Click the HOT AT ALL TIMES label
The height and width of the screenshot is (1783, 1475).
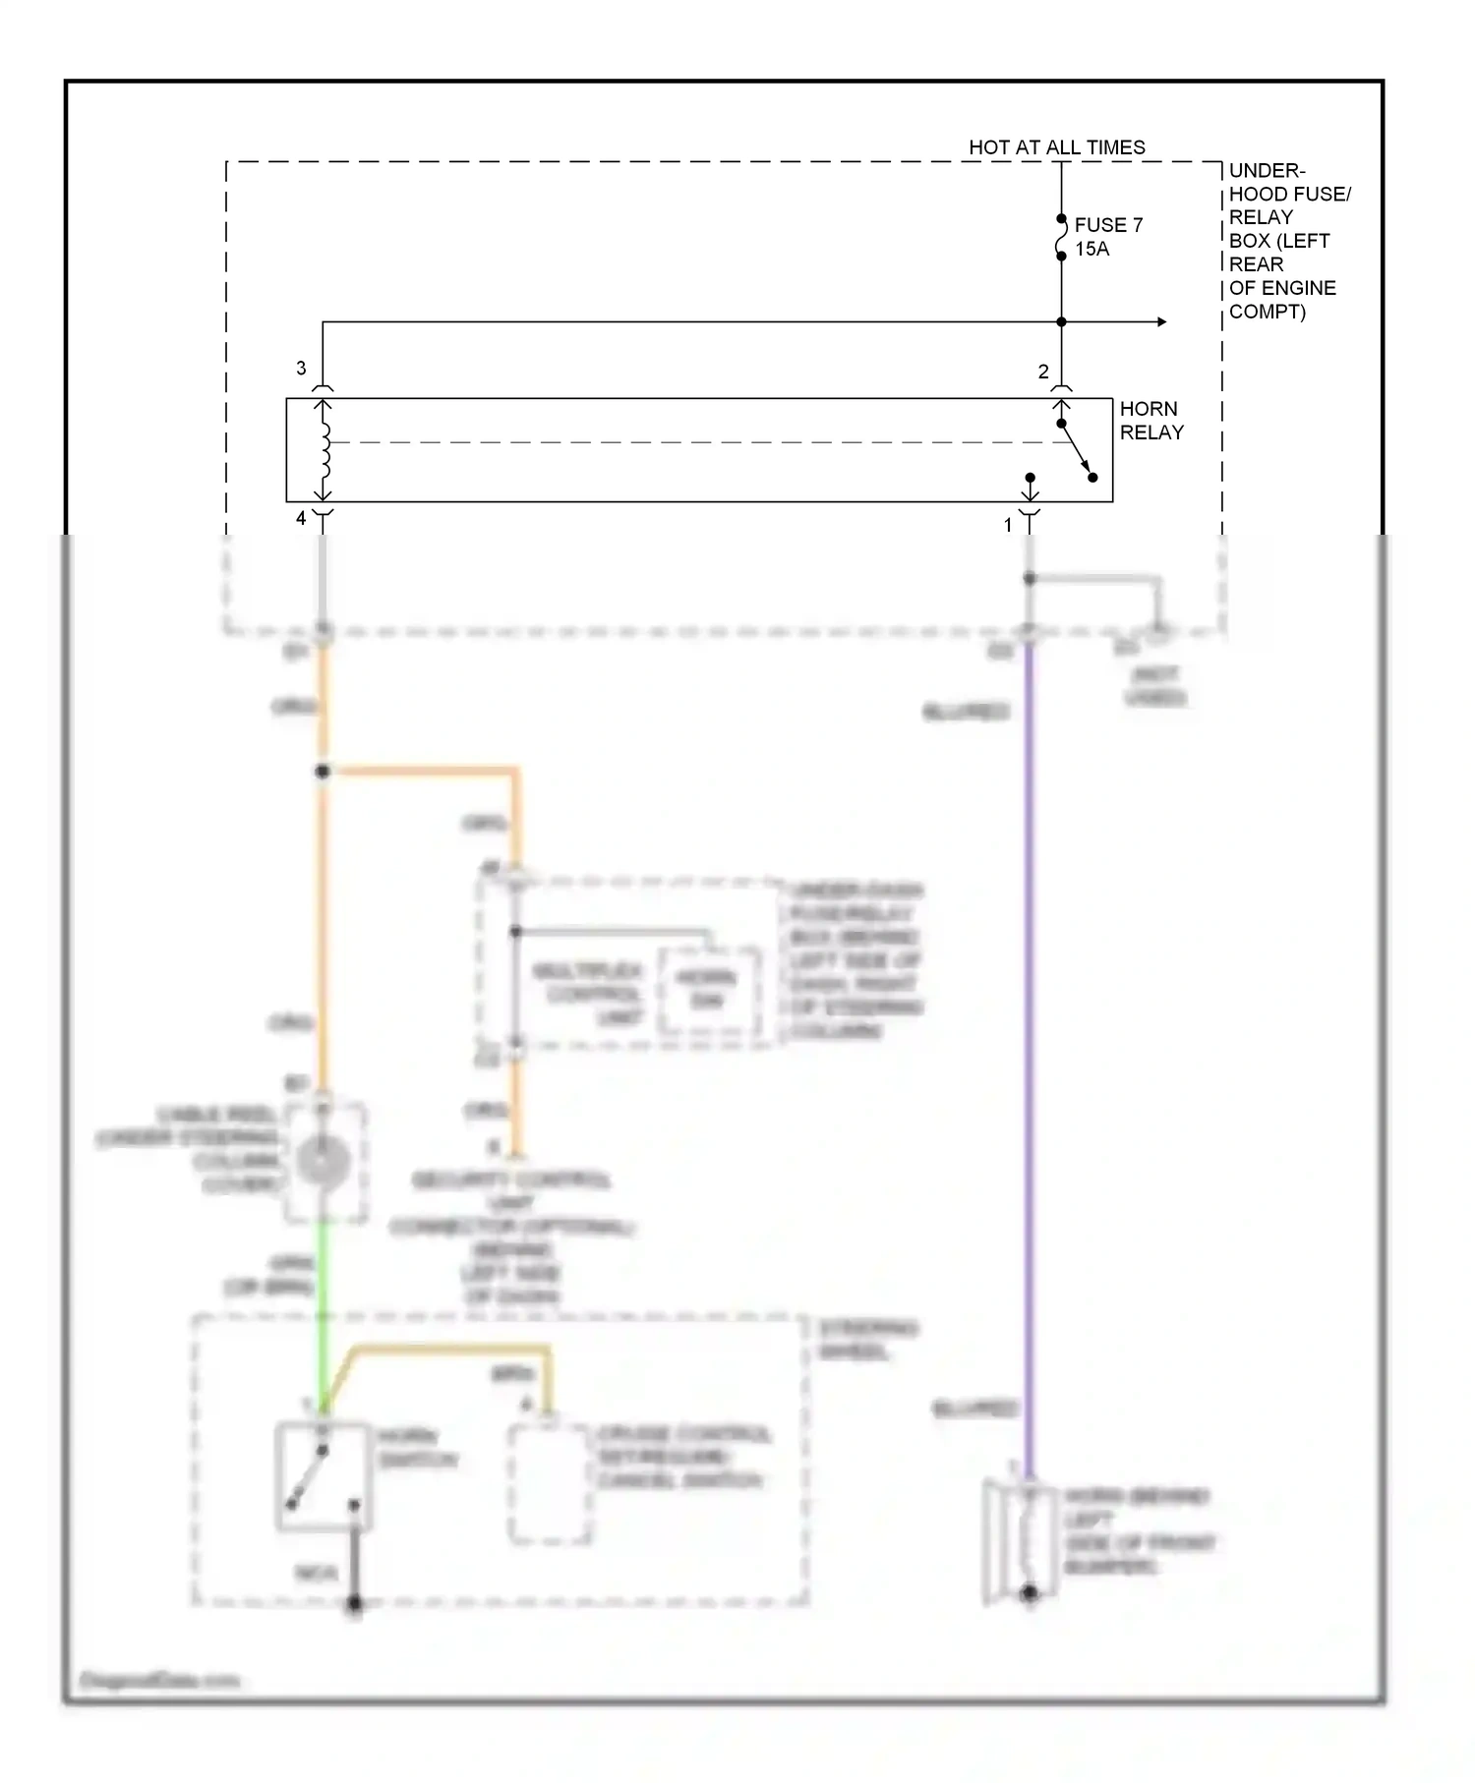point(1056,147)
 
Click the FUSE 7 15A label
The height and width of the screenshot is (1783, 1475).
point(1107,237)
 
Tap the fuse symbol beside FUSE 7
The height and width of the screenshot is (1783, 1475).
point(1061,238)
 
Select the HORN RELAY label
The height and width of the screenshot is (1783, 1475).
point(1150,421)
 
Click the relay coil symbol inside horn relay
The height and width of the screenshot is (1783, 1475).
point(324,450)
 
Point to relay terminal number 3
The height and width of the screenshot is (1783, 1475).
point(301,369)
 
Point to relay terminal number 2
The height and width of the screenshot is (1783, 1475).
point(1043,373)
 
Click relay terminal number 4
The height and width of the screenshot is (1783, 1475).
point(301,518)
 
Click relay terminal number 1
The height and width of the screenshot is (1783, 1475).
point(1007,526)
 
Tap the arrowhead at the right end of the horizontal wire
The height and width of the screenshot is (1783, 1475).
point(1161,322)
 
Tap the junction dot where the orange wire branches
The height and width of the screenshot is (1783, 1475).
point(323,772)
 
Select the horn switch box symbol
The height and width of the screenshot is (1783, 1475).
point(324,1476)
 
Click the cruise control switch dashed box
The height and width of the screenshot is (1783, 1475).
point(549,1484)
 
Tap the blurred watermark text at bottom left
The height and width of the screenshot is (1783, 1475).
point(158,1681)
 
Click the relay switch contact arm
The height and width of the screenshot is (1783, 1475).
point(1077,451)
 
